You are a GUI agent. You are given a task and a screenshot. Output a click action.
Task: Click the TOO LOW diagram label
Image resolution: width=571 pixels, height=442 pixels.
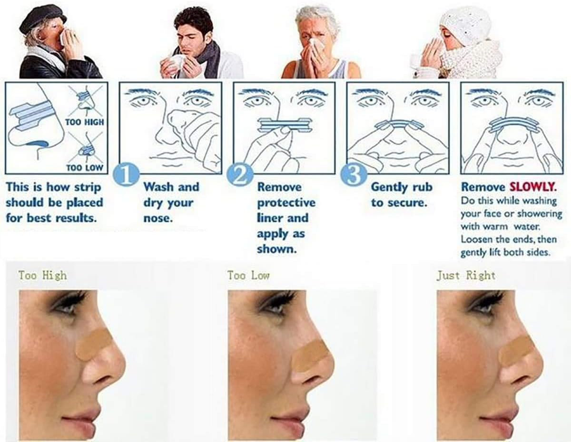84,167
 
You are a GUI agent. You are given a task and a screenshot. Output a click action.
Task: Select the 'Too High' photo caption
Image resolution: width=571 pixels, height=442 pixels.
42,276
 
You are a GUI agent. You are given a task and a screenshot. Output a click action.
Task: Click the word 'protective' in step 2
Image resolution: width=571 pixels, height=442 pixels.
286,203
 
